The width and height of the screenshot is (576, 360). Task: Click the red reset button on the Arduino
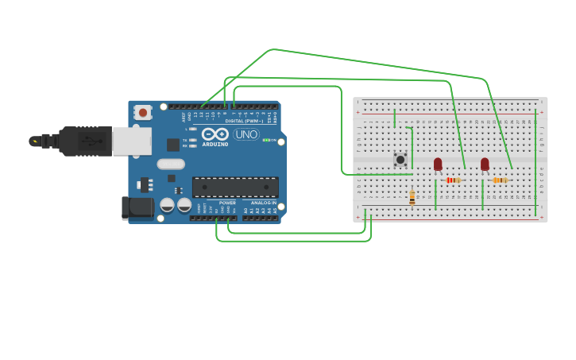coord(143,113)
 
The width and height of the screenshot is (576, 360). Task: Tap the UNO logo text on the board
coord(246,134)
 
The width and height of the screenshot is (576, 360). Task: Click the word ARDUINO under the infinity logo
coord(215,145)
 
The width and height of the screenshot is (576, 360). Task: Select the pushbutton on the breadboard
coord(400,159)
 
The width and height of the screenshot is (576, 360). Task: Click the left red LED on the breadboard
coord(438,164)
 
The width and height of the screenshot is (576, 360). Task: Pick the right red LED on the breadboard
coord(485,164)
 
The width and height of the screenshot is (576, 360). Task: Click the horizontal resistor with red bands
coord(453,180)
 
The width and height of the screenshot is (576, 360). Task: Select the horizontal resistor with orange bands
coord(500,180)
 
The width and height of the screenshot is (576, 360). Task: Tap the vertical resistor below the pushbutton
coord(412,197)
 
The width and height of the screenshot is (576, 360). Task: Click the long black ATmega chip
coord(235,187)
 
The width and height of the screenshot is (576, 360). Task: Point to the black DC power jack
coord(137,207)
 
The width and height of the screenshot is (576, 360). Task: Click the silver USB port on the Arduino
coord(131,141)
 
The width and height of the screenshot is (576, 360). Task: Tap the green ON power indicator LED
coord(266,141)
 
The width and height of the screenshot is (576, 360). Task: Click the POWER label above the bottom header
coord(227,203)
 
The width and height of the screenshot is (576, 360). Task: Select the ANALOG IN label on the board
coord(264,203)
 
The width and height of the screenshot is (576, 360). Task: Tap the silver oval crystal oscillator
coord(171,164)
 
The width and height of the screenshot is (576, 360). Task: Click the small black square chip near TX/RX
coord(172,145)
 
